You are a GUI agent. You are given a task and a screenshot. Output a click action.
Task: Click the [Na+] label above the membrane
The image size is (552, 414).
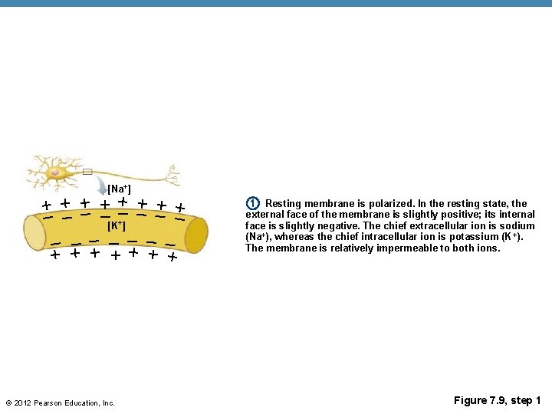pyautogui.click(x=119, y=189)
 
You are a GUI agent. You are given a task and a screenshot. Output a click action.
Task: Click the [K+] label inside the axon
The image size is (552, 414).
pyautogui.click(x=117, y=226)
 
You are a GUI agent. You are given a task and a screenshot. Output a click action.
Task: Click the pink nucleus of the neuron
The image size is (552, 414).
pyautogui.click(x=55, y=173)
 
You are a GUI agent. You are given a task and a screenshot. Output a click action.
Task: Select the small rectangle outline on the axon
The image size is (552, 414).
pyautogui.click(x=87, y=172)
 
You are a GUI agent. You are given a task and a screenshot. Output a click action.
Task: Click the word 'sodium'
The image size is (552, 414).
pyautogui.click(x=517, y=226)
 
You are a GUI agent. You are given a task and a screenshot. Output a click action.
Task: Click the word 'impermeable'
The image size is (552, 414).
pyautogui.click(x=398, y=248)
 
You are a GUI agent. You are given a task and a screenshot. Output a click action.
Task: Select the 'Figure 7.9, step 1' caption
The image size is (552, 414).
pyautogui.click(x=497, y=401)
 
